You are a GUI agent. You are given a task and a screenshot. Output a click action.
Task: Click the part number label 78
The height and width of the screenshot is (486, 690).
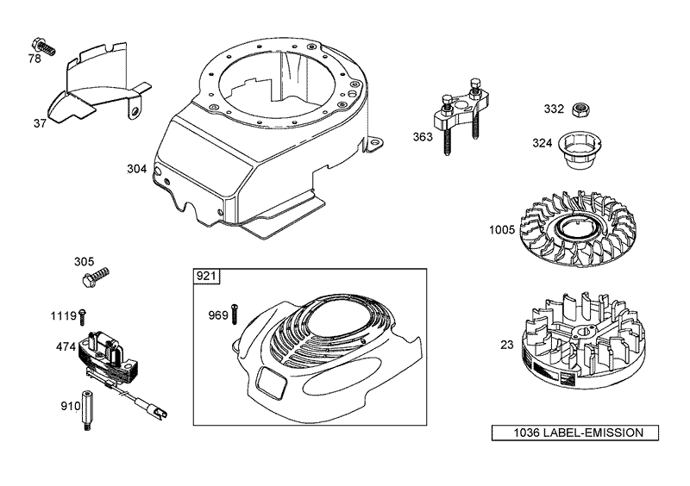(34, 59)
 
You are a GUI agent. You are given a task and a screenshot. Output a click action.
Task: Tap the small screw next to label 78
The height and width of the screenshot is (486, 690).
(42, 44)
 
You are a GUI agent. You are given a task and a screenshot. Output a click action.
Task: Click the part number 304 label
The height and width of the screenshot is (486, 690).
(136, 169)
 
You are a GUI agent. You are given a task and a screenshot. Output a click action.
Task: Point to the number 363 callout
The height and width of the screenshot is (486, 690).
(423, 137)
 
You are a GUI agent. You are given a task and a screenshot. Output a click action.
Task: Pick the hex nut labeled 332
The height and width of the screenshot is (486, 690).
(582, 109)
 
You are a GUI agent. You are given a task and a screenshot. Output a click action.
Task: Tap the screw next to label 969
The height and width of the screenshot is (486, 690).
(236, 314)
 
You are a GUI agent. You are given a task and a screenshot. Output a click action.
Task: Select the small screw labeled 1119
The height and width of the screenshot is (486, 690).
(83, 315)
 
